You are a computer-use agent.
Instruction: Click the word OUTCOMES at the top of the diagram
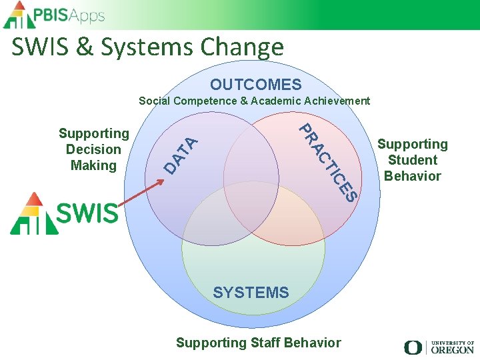pyautogui.click(x=256, y=85)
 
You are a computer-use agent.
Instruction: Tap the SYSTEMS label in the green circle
pyautogui.click(x=251, y=293)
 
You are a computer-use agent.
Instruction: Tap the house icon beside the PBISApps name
pyautogui.click(x=17, y=15)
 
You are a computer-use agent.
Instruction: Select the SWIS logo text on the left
pyautogui.click(x=87, y=213)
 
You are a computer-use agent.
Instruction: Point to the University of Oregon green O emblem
pyautogui.click(x=413, y=347)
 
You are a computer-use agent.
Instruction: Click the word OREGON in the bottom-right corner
pyautogui.click(x=452, y=349)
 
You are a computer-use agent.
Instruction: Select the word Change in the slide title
pyautogui.click(x=243, y=47)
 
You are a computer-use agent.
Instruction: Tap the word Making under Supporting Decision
pyautogui.click(x=93, y=165)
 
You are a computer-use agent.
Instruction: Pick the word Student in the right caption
pyautogui.click(x=413, y=160)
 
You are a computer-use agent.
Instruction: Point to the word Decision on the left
pyautogui.click(x=93, y=149)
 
